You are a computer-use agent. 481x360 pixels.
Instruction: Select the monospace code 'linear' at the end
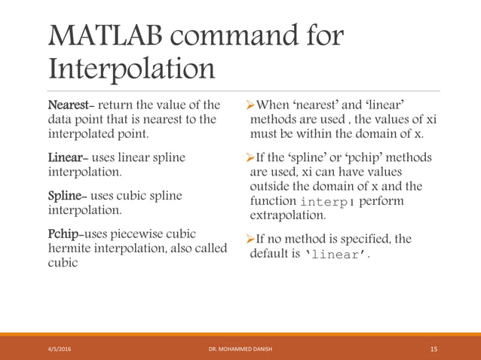click(x=335, y=254)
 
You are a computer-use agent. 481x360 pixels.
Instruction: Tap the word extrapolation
click(x=287, y=215)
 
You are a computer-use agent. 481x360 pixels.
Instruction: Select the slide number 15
click(x=434, y=349)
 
